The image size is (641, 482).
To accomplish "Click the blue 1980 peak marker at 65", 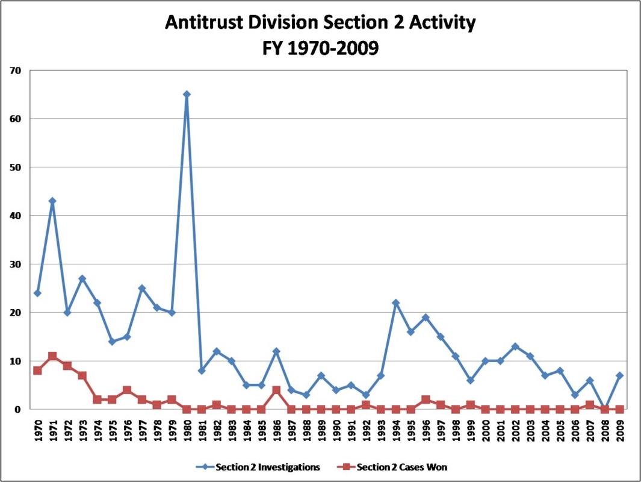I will [187, 94].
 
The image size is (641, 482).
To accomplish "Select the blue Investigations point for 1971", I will [52, 201].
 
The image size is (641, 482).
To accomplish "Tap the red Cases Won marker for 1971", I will [52, 356].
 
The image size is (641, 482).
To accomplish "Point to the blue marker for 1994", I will [395, 302].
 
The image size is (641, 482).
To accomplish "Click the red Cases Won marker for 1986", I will [276, 390].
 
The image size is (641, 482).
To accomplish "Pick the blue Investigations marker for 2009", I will [619, 375].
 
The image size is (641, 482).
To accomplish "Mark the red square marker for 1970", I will [37, 371].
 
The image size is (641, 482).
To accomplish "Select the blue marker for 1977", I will [142, 288].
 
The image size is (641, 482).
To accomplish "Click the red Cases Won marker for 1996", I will [426, 399].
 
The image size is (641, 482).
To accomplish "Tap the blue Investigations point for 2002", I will [515, 346].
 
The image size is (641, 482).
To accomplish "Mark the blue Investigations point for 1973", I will [82, 278].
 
